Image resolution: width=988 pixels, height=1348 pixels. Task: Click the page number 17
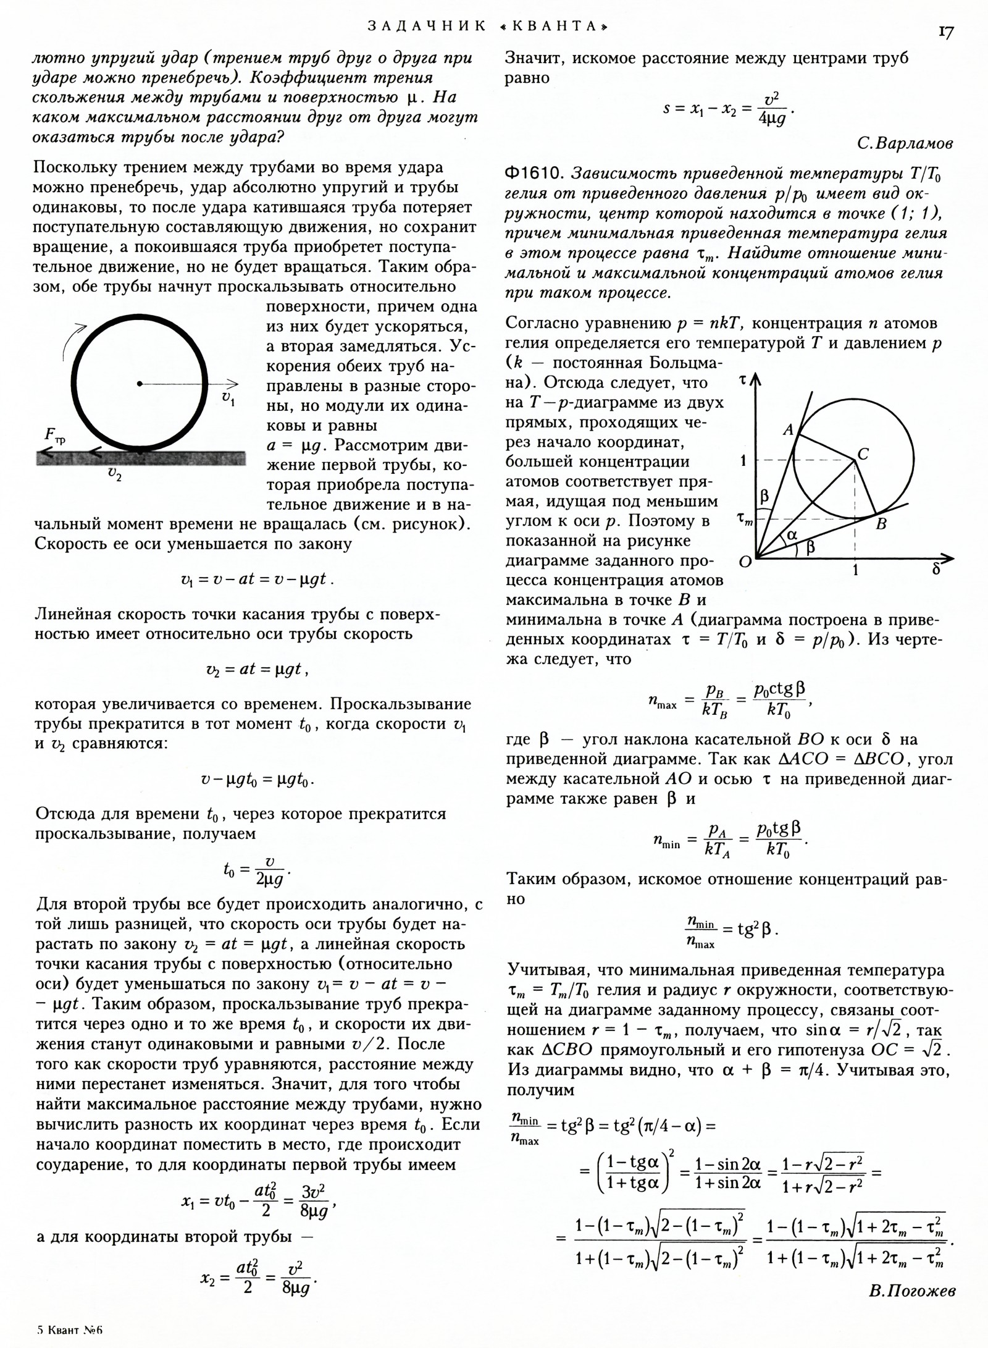945,32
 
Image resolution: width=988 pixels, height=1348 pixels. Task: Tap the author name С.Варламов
905,144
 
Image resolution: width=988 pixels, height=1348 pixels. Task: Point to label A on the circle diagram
788,430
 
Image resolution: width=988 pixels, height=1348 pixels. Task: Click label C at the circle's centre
863,455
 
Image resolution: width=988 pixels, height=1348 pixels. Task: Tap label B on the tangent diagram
881,524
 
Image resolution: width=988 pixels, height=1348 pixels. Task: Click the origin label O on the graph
745,562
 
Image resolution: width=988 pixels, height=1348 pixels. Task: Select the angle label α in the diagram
792,534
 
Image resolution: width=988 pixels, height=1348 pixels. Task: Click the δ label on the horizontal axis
936,569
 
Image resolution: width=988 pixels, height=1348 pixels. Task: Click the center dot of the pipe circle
140,384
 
